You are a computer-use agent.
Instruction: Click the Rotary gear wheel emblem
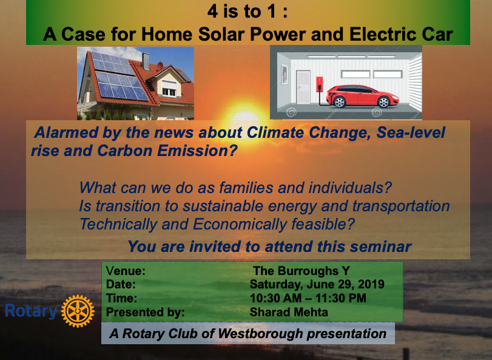78,311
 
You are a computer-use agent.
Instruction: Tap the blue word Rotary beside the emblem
31,311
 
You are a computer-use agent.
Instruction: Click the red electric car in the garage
362,96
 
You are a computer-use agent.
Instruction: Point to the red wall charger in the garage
320,85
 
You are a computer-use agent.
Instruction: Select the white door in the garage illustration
303,87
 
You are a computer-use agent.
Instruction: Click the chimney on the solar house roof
146,61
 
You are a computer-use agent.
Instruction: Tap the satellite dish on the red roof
160,66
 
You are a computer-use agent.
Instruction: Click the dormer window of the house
169,88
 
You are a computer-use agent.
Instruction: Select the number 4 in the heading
212,12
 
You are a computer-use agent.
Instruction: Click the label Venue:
126,271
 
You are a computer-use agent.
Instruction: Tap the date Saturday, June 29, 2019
317,284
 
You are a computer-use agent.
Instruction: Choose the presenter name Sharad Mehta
289,312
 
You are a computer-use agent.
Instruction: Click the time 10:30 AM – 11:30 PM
308,298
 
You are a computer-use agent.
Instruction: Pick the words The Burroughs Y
302,271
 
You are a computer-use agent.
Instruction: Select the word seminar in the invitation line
380,246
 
